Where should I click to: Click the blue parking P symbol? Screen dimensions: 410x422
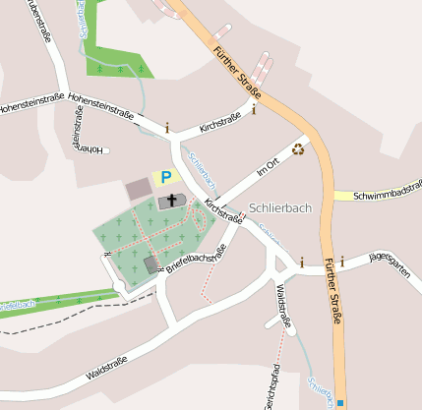point(166,177)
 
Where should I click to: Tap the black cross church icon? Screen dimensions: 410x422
point(172,201)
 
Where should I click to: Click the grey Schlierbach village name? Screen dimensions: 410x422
point(280,207)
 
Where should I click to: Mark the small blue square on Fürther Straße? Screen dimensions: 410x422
point(340,402)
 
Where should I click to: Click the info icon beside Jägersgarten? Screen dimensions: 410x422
point(341,262)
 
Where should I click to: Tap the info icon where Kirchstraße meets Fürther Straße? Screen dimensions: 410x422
point(254,109)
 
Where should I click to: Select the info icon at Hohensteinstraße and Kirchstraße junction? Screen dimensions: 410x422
point(167,127)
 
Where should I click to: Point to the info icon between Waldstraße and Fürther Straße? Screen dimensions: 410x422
point(302,262)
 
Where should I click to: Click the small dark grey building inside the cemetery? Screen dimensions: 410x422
point(151,264)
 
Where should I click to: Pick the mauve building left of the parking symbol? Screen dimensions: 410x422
point(138,188)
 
